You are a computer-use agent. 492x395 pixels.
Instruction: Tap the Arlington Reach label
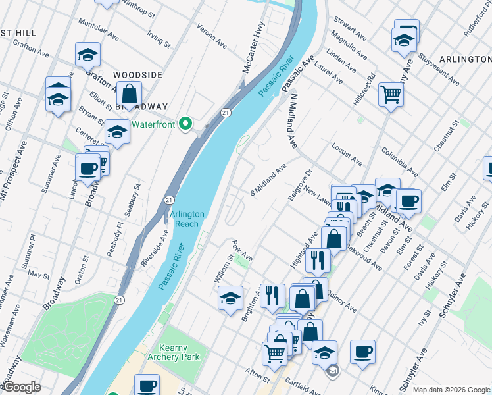[x=187, y=219]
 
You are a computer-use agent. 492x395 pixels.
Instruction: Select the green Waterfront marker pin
[x=186, y=123]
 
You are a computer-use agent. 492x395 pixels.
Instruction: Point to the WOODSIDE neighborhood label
[x=137, y=75]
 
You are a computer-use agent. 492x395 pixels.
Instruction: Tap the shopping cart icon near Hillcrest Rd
[x=391, y=95]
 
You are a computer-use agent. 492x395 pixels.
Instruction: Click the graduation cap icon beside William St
[x=231, y=298]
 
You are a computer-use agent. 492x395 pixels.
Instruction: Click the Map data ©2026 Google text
[x=451, y=389]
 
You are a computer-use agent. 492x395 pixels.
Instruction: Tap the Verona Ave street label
[x=212, y=34]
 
